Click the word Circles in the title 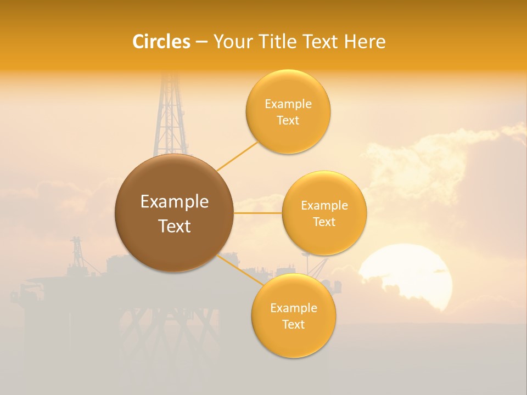coord(161,42)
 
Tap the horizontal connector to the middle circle coord(257,213)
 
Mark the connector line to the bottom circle coord(240,270)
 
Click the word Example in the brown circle coord(175,202)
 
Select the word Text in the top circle coord(288,120)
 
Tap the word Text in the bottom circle coord(294,324)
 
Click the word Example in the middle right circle coord(324,206)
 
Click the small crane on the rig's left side coord(77,252)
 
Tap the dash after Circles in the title coord(201,42)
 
